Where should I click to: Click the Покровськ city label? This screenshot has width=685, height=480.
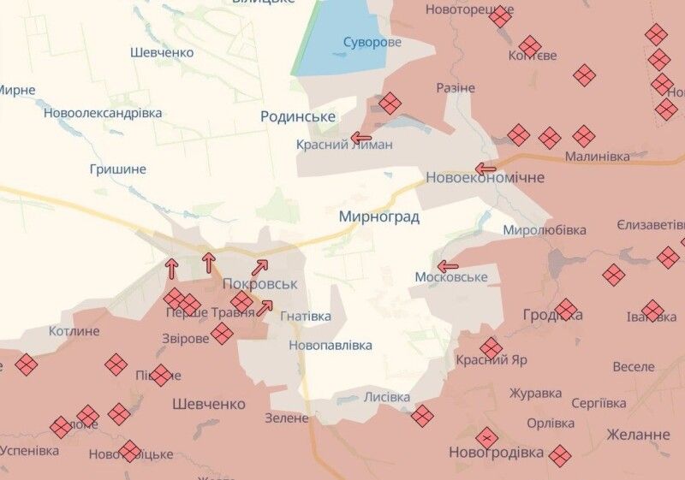tap(259, 283)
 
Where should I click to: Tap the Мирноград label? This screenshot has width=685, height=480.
tap(378, 217)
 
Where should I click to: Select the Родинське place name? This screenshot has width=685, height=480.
tap(298, 117)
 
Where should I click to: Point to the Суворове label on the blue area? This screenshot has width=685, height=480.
tap(372, 42)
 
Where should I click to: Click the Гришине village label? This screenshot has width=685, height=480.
tap(117, 169)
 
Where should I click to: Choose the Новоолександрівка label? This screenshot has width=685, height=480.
tap(103, 113)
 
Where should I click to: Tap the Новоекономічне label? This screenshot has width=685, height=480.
tap(485, 177)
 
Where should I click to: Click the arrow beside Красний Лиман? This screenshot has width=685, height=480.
tap(360, 138)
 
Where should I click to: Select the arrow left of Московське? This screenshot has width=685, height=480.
tap(447, 265)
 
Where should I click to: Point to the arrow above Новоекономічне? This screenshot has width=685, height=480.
tap(485, 169)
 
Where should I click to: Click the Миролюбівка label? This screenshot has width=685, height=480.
tap(544, 230)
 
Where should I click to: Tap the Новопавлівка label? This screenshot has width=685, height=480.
tap(331, 346)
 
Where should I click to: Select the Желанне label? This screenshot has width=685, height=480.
tap(638, 435)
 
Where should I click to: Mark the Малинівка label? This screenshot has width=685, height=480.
tap(597, 157)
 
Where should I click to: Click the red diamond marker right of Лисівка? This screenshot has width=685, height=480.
tap(421, 417)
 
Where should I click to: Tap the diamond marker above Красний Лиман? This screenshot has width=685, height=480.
tap(390, 104)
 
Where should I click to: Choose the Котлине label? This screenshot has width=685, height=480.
tap(74, 331)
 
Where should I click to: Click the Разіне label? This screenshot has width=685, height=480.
tap(455, 88)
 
